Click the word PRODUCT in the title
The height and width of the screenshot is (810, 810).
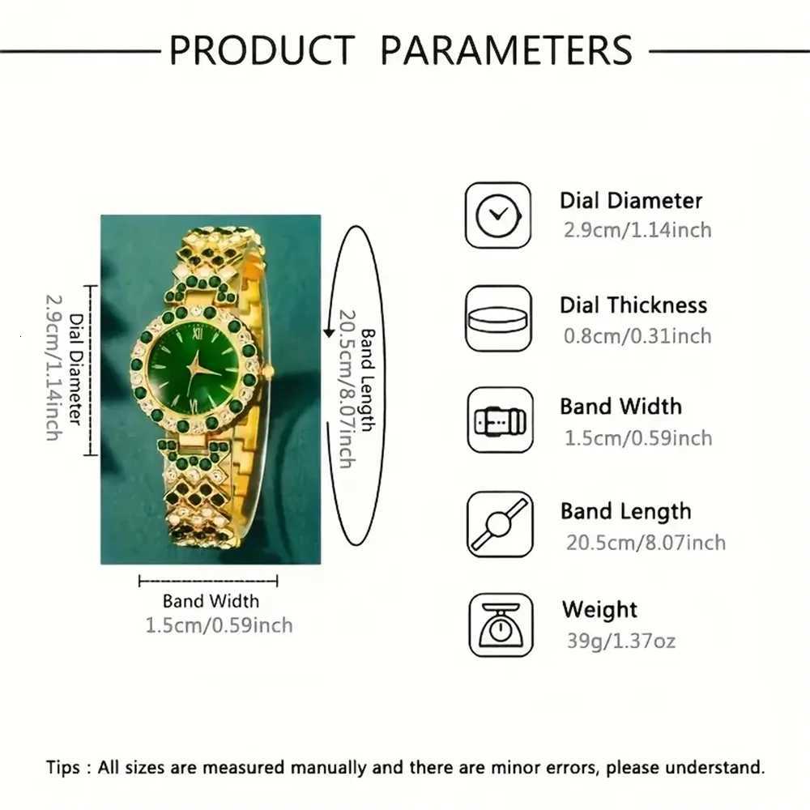coord(262,49)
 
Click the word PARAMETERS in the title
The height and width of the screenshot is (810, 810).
coord(506,49)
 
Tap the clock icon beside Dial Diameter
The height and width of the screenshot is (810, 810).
coord(498,215)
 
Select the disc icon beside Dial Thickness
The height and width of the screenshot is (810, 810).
coord(498,318)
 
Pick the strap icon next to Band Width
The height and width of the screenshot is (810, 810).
coord(500,420)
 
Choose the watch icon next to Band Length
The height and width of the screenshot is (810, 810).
coord(500,524)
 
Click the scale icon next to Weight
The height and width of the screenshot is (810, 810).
coord(500,625)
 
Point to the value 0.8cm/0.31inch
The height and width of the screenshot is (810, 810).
coord(637,335)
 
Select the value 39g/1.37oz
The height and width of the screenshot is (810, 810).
coord(620,642)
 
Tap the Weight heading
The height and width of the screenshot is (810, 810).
coord(599,609)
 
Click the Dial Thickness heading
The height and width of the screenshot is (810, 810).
coord(633,305)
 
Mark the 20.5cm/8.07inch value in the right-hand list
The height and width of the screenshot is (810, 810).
coord(646,542)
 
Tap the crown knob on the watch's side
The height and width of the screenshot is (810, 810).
coord(270,371)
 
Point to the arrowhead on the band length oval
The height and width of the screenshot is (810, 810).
coord(329,332)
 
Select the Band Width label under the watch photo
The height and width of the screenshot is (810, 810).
coord(211,601)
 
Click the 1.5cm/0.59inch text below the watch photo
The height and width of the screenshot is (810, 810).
coord(219,625)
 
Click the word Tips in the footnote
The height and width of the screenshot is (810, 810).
coord(63,767)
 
